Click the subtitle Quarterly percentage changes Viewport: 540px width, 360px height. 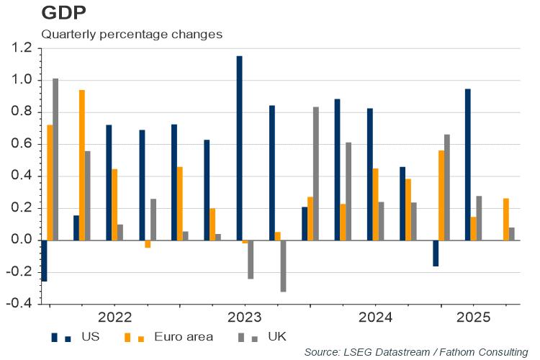tap(132, 33)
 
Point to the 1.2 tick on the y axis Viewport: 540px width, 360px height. tap(22, 48)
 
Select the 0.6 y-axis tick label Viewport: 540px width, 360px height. tap(22, 144)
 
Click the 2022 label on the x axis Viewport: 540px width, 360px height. tap(115, 316)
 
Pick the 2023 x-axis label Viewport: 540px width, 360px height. tap(245, 316)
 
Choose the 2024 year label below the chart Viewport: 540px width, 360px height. tap(375, 316)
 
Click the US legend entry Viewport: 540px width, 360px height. tap(90, 336)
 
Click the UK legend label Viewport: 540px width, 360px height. tap(276, 336)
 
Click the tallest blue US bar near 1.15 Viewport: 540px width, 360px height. tap(239, 148)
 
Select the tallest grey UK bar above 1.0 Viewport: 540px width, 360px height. tap(55, 159)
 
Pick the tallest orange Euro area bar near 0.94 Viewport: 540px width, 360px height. tap(82, 165)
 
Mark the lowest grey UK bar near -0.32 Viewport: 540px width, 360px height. tap(284, 266)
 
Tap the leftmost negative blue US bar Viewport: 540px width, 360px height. tap(44, 261)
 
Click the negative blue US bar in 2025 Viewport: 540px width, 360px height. tap(436, 253)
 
